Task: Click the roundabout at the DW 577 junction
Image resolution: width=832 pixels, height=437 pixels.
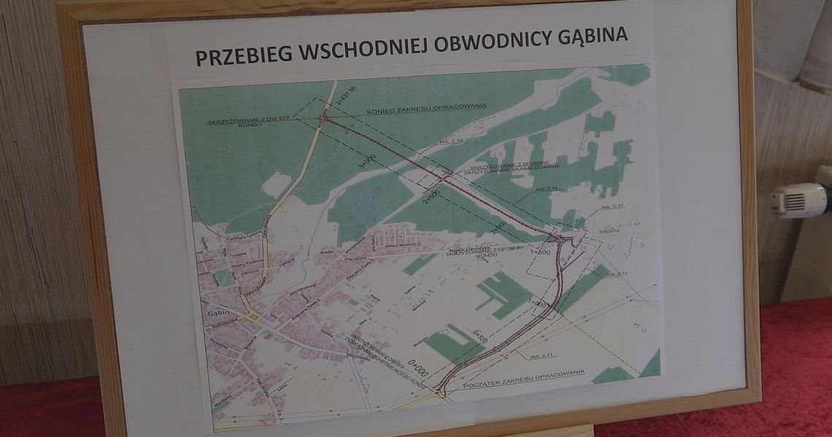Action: tap(323, 117)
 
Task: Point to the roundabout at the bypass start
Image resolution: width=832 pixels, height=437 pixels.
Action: tap(441, 392)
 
